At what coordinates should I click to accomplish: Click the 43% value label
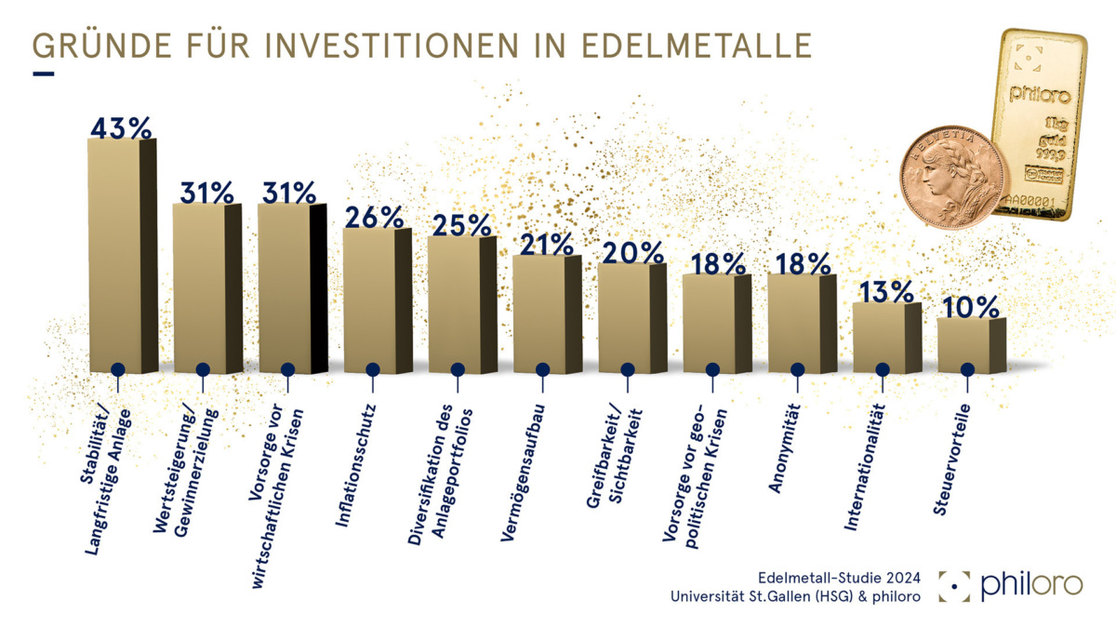(x=121, y=128)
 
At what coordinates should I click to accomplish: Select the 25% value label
(x=459, y=224)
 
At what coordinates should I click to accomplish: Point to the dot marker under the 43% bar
(x=117, y=369)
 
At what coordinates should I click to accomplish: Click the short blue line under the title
(x=43, y=73)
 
